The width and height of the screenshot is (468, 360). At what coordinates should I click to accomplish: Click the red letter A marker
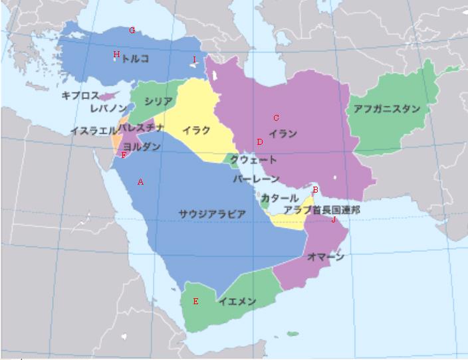(x=140, y=181)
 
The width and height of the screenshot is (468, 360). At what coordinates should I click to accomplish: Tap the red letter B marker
(x=315, y=191)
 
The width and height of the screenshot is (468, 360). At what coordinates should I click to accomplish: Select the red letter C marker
(x=276, y=118)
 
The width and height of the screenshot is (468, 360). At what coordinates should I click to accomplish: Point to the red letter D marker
(x=260, y=142)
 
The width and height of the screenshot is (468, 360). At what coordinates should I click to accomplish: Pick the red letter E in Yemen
(x=195, y=302)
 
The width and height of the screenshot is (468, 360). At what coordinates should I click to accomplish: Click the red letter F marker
(x=124, y=155)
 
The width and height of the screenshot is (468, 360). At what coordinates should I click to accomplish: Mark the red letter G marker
(x=132, y=30)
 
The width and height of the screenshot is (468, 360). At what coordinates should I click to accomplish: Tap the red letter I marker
(x=194, y=60)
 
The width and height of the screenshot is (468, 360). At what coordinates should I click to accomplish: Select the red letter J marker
(x=334, y=219)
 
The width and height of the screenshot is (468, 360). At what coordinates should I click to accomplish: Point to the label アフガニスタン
(x=386, y=108)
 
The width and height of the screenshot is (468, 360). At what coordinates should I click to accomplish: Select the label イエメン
(x=237, y=302)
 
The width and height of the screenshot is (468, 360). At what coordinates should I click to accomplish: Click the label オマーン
(x=326, y=257)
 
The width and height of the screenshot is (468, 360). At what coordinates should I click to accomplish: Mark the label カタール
(x=280, y=198)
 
